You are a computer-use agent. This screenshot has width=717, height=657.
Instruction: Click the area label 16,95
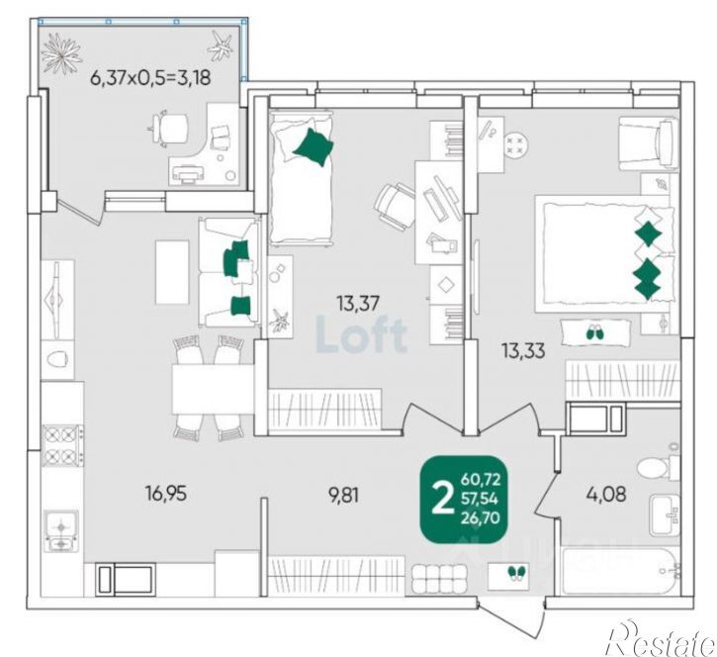pos(166,493)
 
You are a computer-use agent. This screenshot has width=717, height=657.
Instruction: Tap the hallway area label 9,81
pos(343,495)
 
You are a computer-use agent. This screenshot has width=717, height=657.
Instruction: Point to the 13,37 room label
pos(358,303)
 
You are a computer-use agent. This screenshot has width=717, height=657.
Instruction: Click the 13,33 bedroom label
pos(523,351)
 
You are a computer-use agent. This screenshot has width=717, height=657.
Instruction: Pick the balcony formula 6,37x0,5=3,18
pos(151,78)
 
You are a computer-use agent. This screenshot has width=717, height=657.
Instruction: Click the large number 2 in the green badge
pos(442,500)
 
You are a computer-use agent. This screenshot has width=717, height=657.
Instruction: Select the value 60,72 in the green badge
pos(481,480)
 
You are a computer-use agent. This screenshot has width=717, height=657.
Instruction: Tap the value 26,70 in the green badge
pos(480,517)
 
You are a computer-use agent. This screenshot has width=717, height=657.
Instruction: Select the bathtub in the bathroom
pos(621,571)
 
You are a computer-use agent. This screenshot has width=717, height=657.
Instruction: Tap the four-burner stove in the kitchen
pos(62,444)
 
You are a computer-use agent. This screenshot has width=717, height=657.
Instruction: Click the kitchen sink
pos(60,530)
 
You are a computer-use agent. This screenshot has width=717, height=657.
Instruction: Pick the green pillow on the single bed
pos(313,146)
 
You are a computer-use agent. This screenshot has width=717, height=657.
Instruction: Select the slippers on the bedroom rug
pos(595,332)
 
